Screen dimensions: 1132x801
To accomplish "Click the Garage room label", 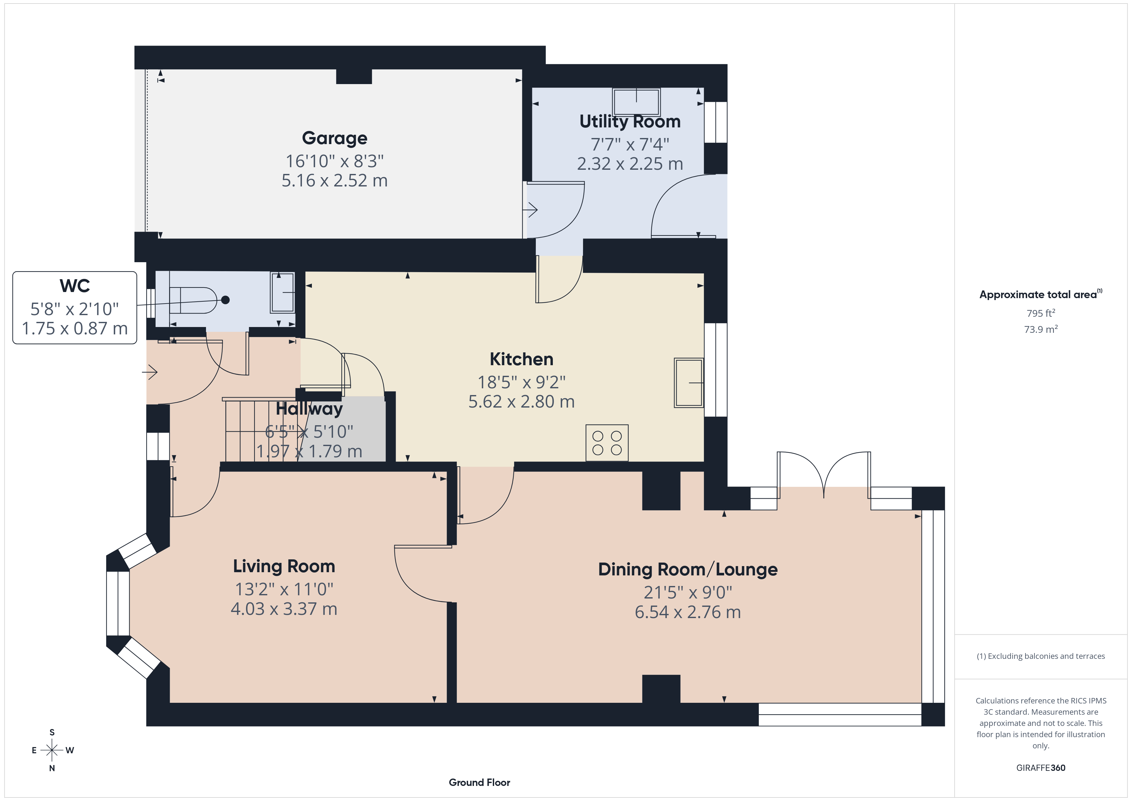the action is (x=334, y=138).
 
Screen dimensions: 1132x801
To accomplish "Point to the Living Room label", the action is (x=284, y=566).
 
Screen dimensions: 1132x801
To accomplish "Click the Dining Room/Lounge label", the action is (x=688, y=569).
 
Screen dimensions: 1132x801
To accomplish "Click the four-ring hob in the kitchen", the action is (x=607, y=443).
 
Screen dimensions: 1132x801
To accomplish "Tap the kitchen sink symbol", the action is (x=689, y=383).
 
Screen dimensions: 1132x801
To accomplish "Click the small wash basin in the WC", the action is (x=282, y=292).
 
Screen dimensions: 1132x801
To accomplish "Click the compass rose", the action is (x=52, y=750).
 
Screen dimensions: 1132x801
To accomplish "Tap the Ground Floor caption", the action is (x=479, y=782).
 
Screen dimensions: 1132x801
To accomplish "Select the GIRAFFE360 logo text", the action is (x=1041, y=768).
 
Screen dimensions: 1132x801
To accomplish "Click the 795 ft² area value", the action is (x=1041, y=313).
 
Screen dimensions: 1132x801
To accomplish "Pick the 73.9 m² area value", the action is (x=1041, y=329).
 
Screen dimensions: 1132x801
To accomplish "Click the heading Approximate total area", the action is (x=1040, y=295).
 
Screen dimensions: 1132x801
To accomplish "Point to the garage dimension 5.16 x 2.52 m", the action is (x=334, y=181).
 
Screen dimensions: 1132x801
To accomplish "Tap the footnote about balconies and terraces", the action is (x=1041, y=656).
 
